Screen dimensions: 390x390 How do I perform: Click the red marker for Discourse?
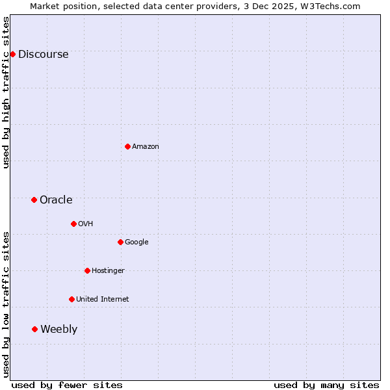point(12,54)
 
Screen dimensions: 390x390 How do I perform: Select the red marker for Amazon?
point(127,146)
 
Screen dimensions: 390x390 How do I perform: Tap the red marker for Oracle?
point(34,200)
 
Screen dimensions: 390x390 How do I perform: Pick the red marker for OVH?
point(73,224)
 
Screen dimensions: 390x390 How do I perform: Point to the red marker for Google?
point(120,242)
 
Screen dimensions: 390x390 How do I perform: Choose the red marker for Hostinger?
point(87,270)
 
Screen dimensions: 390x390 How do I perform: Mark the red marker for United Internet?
point(71,299)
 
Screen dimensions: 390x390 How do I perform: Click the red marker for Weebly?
point(34,329)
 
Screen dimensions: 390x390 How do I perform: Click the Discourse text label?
point(43,55)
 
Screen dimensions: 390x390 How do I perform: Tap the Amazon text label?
point(145,147)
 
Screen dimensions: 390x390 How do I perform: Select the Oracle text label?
point(56,200)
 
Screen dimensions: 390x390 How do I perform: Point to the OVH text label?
point(85,224)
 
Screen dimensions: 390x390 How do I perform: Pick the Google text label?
point(136,242)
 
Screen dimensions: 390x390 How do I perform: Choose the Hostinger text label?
point(108,271)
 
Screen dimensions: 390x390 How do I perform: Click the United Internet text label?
point(102,300)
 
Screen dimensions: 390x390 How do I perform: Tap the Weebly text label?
point(58,330)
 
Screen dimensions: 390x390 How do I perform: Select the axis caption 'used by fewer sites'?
point(67,385)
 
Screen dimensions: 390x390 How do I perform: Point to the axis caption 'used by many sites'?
point(326,385)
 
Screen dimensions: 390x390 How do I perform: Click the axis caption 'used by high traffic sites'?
point(6,93)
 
